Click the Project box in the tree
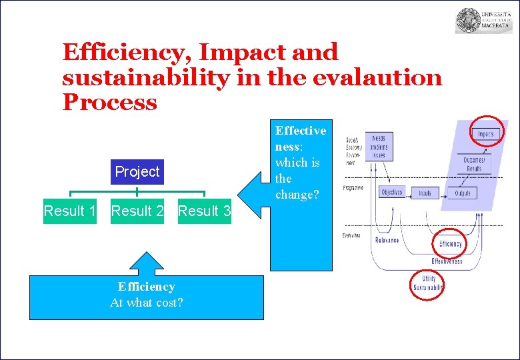137,172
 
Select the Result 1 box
69,211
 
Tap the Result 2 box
137,211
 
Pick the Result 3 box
205,211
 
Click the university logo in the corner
483,21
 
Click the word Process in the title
109,103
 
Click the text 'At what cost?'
146,303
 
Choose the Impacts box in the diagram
485,133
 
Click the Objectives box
391,193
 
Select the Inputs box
425,193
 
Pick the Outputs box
462,193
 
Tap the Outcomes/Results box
475,164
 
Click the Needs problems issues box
378,146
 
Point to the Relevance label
387,239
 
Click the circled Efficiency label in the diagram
451,244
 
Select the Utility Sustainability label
428,283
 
